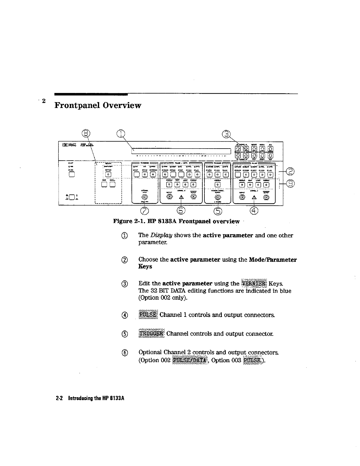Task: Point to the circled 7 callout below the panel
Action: tap(145, 211)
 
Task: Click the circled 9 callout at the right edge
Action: tap(290, 184)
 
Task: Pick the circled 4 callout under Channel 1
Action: tap(254, 211)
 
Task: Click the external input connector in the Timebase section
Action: tap(145, 197)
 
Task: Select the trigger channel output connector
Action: tap(217, 197)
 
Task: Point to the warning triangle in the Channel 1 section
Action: tap(254, 197)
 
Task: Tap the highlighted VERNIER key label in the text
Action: tap(254, 284)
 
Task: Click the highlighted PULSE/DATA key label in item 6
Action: tap(190, 360)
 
